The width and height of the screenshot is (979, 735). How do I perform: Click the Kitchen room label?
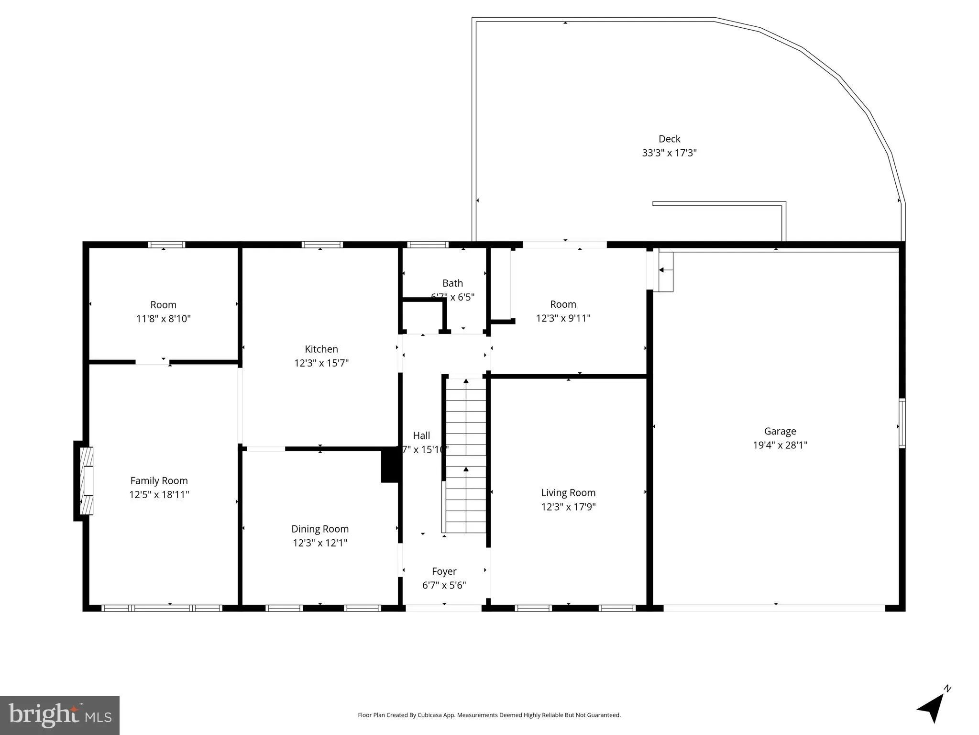click(x=321, y=349)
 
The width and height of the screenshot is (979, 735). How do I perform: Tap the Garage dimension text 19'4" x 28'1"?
click(x=780, y=445)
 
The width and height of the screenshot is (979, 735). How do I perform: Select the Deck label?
click(x=669, y=139)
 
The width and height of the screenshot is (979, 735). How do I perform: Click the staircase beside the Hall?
click(x=466, y=455)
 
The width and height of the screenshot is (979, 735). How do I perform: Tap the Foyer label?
click(x=444, y=571)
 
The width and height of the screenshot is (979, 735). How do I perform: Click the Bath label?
click(x=452, y=283)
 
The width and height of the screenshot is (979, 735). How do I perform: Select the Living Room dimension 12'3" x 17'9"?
click(x=568, y=507)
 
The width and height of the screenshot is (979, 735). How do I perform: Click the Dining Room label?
click(x=320, y=529)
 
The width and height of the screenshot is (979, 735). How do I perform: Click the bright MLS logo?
click(x=60, y=715)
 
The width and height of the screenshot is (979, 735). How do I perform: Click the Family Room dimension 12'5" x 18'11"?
click(x=159, y=495)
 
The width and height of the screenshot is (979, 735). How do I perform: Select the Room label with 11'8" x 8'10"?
click(x=163, y=305)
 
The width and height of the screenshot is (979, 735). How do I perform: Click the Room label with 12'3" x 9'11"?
click(x=563, y=304)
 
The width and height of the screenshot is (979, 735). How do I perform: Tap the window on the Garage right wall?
click(x=902, y=423)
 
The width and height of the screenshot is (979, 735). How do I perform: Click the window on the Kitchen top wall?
click(x=322, y=245)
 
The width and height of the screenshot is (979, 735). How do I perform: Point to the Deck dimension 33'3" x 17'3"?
click(x=669, y=153)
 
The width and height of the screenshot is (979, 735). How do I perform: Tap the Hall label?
click(x=421, y=435)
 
